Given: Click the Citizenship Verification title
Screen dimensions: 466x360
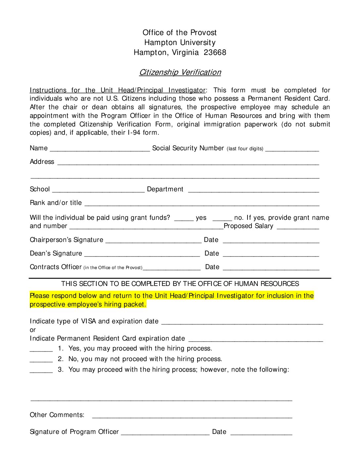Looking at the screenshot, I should pyautogui.click(x=180, y=72).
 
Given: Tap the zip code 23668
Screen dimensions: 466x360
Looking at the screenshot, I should pyautogui.click(x=215, y=52).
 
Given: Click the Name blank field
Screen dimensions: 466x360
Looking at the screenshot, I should pyautogui.click(x=100, y=149).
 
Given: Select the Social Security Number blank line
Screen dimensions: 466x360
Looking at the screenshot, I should pyautogui.click(x=292, y=149).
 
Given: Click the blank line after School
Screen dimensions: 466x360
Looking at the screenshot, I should pyautogui.click(x=98, y=190).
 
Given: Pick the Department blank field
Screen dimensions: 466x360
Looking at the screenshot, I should pyautogui.click(x=253, y=190).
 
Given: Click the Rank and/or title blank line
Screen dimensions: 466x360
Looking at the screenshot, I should pyautogui.click(x=202, y=204).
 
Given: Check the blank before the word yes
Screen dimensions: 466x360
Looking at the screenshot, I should pyautogui.click(x=184, y=218).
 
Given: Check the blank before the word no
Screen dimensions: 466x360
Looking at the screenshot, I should pyautogui.click(x=222, y=218).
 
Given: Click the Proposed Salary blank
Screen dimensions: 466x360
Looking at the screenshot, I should pyautogui.click(x=298, y=227).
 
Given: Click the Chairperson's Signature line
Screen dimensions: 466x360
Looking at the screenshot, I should pyautogui.click(x=153, y=241).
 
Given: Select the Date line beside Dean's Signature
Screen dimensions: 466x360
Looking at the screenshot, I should pyautogui.click(x=271, y=255).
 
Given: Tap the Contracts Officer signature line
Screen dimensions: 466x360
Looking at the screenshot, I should pyautogui.click(x=171, y=268).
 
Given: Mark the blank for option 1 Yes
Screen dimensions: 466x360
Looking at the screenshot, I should pyautogui.click(x=41, y=349).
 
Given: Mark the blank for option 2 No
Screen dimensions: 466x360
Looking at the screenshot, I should pyautogui.click(x=41, y=360).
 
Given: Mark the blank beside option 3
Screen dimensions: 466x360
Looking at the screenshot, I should pyautogui.click(x=41, y=371).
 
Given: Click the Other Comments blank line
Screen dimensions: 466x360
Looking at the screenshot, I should pyautogui.click(x=192, y=416).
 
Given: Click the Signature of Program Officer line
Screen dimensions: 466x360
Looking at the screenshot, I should pyautogui.click(x=165, y=433).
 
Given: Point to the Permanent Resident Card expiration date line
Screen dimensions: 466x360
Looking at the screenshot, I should pyautogui.click(x=255, y=340).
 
